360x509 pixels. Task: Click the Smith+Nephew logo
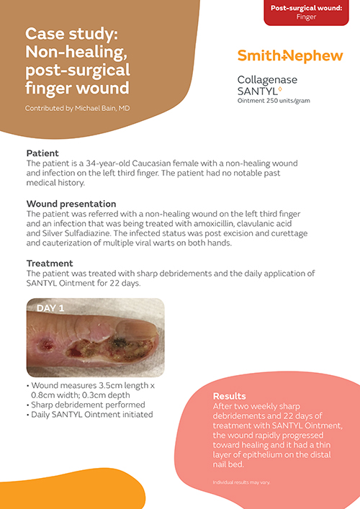pos(290,56)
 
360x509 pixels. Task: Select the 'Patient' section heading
pos(42,153)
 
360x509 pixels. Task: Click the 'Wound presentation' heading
pos(71,204)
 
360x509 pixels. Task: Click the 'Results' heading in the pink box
pos(229,396)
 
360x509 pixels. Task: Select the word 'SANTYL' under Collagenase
pos(254,91)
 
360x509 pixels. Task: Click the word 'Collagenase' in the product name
pos(266,80)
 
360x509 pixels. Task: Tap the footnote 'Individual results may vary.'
pos(241,481)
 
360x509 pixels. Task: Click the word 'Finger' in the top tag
pos(306,17)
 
